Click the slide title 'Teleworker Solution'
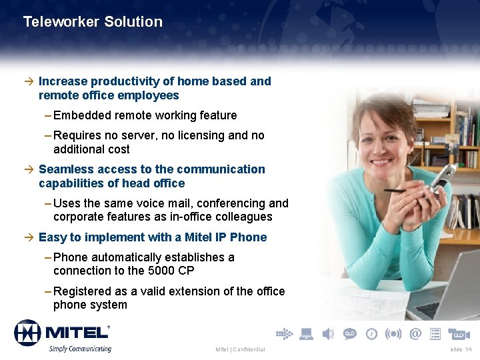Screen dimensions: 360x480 coord(93,22)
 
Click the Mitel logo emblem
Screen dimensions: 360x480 coord(28,333)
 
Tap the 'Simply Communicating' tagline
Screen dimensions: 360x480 coord(79,348)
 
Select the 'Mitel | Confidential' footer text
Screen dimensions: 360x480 coord(240,349)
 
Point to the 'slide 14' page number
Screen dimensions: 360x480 coord(460,349)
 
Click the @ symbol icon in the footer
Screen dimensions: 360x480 coord(415,333)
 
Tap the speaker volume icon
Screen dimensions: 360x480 coord(328,333)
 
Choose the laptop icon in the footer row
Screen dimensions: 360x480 coord(307,333)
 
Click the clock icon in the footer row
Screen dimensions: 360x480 coord(371,333)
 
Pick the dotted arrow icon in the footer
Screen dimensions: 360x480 coord(284,333)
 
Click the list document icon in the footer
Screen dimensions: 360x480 coord(436,333)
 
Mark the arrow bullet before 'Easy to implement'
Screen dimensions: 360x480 coord(27,237)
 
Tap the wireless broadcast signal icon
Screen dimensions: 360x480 coord(394,333)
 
